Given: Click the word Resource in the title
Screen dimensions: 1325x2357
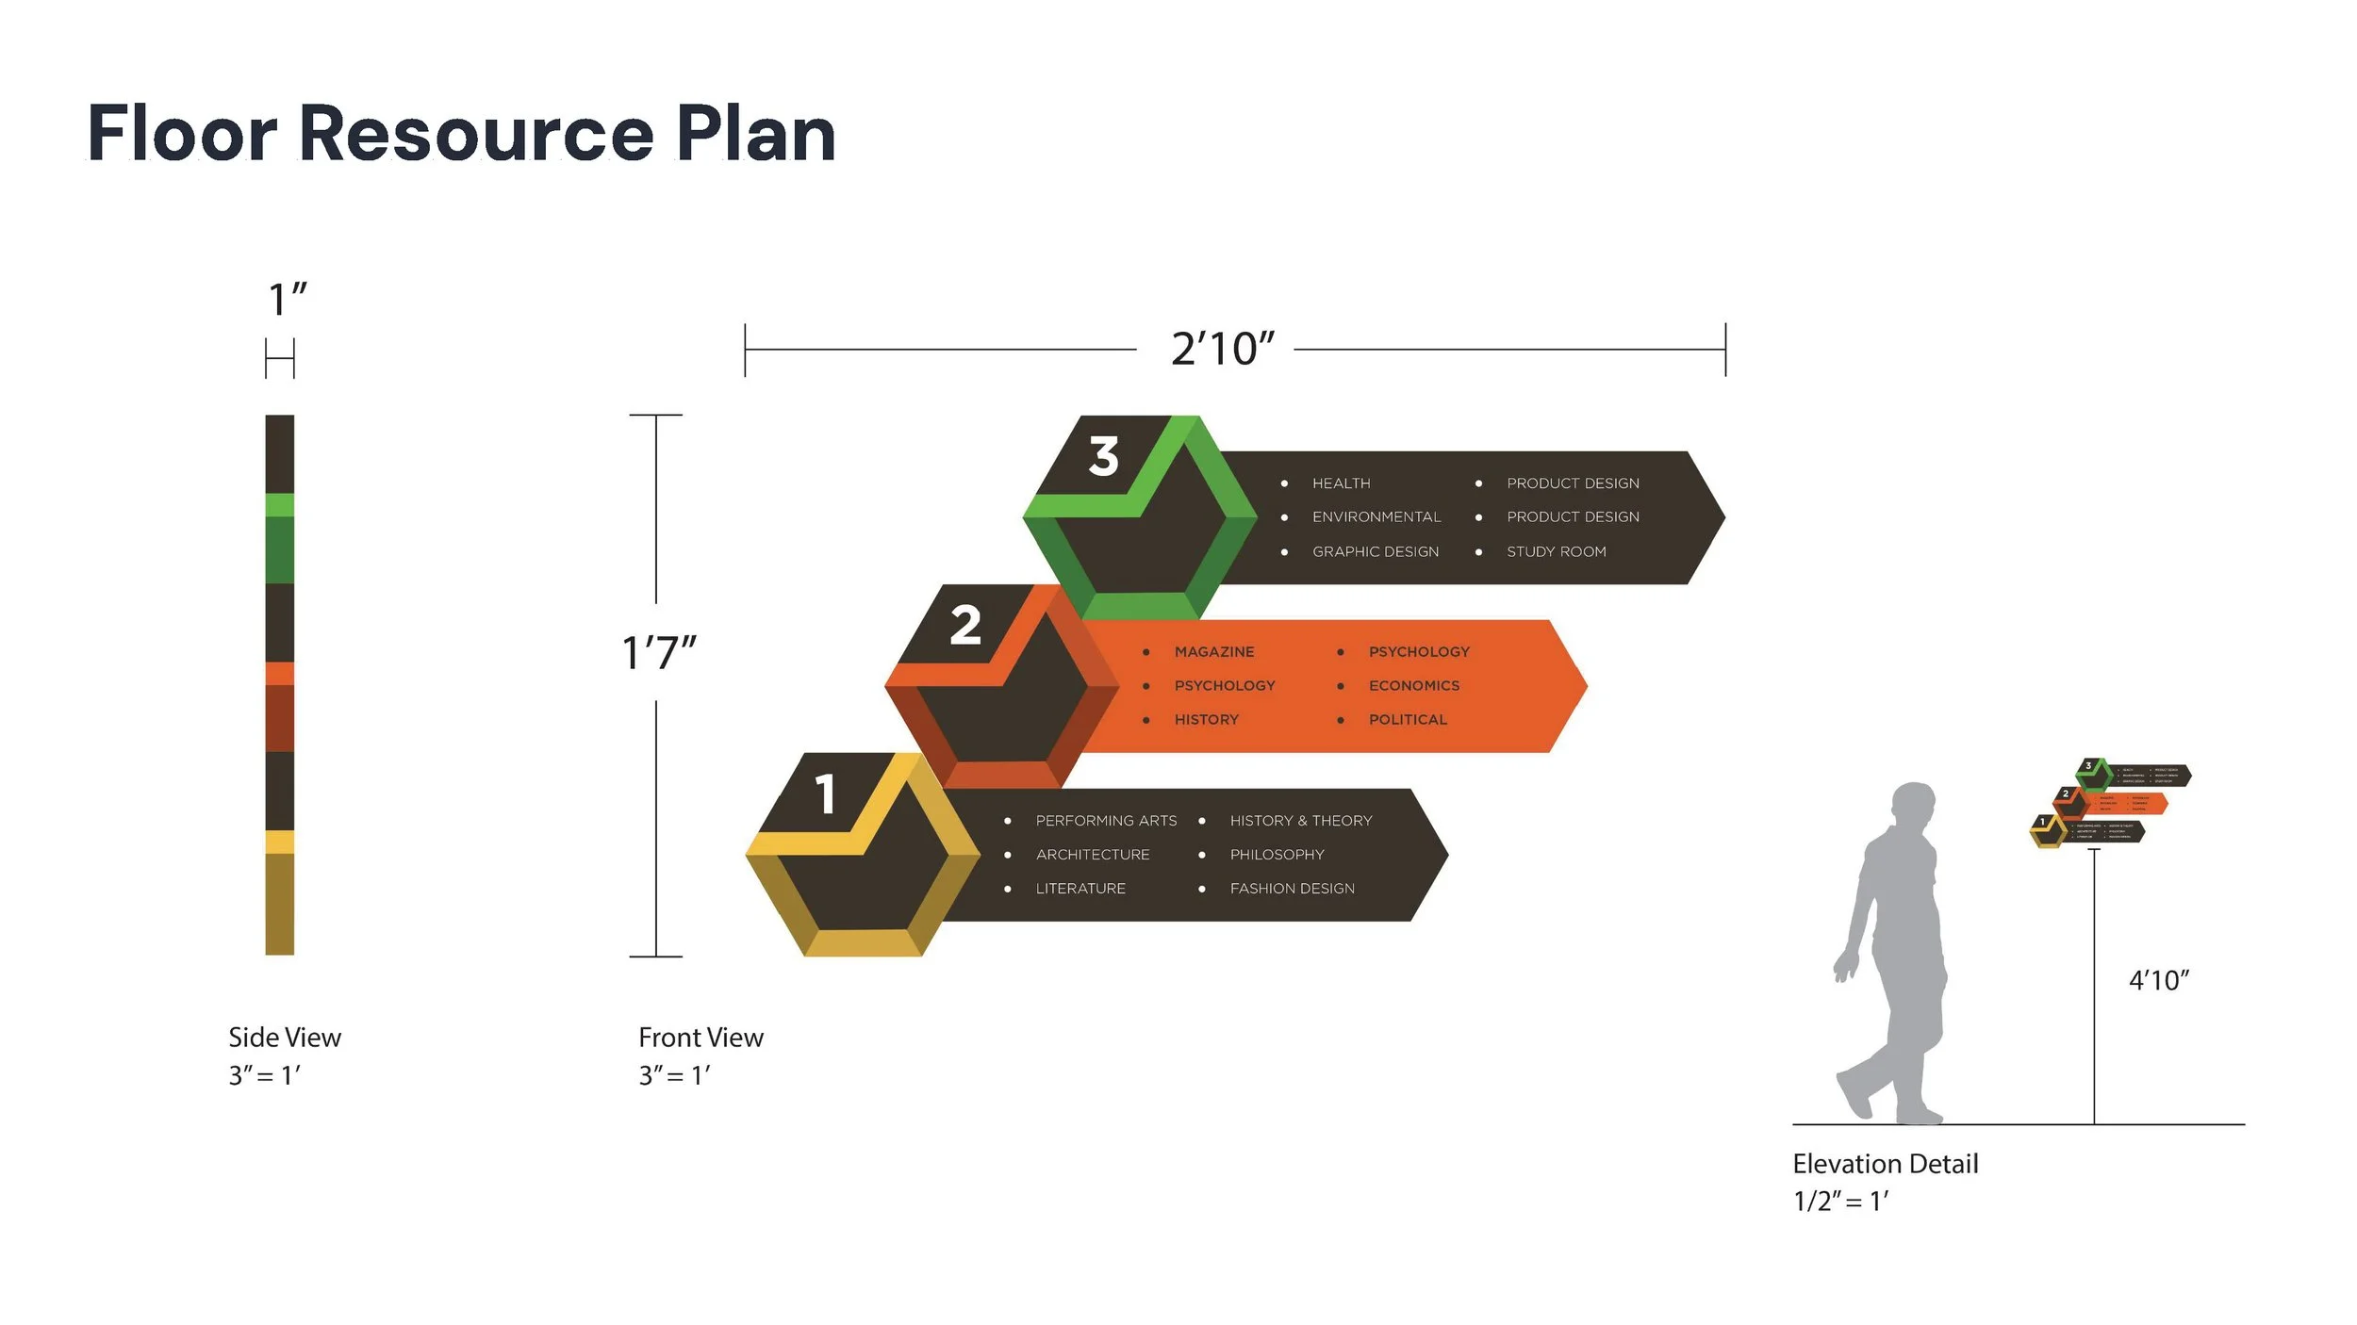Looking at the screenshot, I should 476,134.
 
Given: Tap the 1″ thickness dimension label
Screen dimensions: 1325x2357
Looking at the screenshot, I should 287,300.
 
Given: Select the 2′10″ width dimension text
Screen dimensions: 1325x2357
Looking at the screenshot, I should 1222,350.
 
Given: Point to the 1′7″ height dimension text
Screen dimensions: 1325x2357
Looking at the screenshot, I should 658,652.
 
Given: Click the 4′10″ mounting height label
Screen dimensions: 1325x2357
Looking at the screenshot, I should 2158,980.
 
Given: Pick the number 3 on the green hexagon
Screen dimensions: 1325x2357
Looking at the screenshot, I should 1103,456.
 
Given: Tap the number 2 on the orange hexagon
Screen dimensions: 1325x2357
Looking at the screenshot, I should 965,626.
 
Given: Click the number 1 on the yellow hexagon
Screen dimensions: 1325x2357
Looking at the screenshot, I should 826,793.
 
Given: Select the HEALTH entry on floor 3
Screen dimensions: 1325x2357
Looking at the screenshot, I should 1341,483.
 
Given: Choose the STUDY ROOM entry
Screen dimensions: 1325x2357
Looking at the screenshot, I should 1556,551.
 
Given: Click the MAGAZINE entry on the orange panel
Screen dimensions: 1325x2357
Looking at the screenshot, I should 1213,651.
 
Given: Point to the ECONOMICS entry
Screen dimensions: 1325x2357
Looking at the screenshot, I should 1413,685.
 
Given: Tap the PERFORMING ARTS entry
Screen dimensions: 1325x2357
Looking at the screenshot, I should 1106,821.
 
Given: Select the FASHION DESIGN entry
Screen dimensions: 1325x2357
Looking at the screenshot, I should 1292,889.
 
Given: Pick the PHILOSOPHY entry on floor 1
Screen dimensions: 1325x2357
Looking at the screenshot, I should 1277,855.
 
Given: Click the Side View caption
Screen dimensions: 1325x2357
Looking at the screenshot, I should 284,1038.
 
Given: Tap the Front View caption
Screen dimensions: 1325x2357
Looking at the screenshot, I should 701,1038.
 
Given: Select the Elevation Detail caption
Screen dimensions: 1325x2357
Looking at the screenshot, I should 1885,1164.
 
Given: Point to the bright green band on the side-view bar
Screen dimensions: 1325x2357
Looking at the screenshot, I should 279,504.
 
